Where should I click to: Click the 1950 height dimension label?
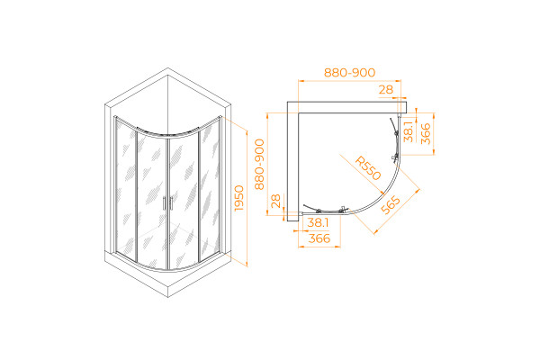(238, 198)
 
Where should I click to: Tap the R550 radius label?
(368, 168)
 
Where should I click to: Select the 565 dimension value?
(391, 205)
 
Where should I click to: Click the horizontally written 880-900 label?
(349, 73)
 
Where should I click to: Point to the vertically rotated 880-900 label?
(259, 165)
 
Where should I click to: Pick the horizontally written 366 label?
(319, 238)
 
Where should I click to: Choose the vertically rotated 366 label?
(426, 134)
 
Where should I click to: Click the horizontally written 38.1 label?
(318, 222)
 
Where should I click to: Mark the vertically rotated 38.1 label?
(408, 131)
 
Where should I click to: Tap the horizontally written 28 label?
(386, 90)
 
